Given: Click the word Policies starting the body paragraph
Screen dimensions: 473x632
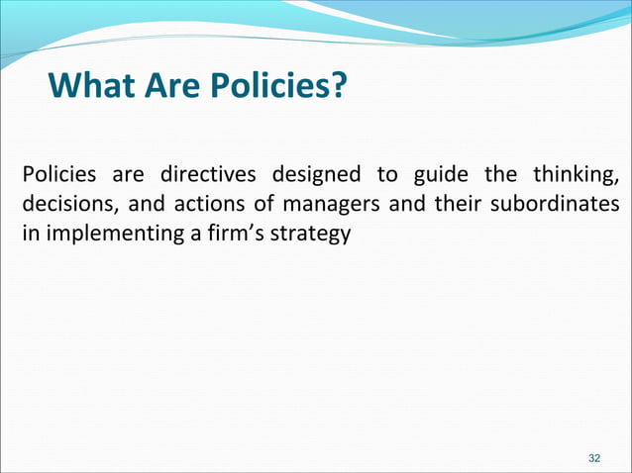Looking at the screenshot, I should click(58, 177).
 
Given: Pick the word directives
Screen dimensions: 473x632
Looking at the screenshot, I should click(205, 177).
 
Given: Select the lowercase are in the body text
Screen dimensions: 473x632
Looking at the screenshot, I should click(128, 177).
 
